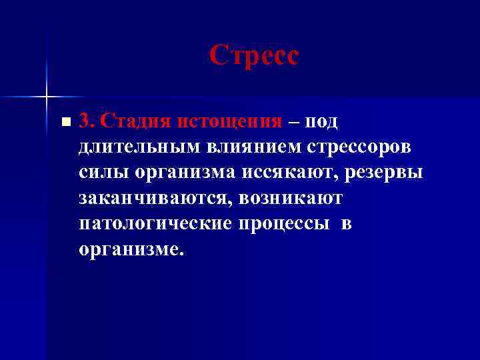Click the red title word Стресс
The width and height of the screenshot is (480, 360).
point(254,55)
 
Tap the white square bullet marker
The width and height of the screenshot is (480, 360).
point(64,123)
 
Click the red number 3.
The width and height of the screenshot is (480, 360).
point(85,121)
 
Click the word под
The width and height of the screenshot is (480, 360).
point(323,121)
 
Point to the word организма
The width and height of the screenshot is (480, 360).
point(189,172)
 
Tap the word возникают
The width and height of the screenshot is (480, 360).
point(293,198)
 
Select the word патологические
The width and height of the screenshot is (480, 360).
point(152,223)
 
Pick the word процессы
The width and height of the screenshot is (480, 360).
point(281,223)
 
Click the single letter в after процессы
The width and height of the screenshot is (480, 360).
point(346,223)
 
